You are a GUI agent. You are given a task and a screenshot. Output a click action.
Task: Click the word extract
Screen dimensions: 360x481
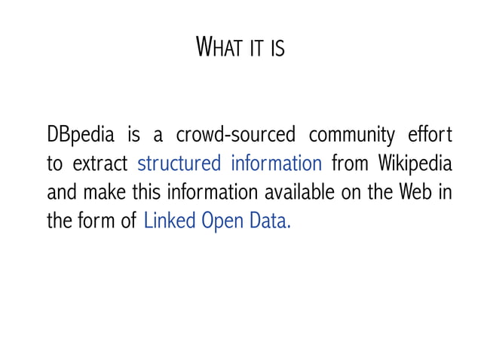pyautogui.click(x=101, y=164)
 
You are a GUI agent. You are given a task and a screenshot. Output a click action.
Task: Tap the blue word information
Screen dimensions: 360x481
pyautogui.click(x=277, y=164)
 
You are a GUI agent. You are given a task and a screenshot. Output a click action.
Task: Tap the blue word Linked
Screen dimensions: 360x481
pyautogui.click(x=169, y=221)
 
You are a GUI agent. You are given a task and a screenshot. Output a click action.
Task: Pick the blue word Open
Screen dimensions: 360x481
pyautogui.click(x=224, y=221)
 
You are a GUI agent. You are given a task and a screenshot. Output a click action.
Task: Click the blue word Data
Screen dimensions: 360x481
pyautogui.click(x=271, y=221)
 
